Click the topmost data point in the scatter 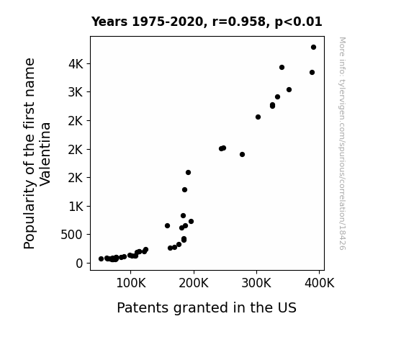313,48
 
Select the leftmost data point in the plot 101,259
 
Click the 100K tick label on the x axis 131,284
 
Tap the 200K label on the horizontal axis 194,284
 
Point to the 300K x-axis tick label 256,284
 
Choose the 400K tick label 319,284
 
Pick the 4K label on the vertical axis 76,64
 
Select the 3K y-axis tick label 76,92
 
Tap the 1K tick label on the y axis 76,207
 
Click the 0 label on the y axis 79,264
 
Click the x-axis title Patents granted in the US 207,307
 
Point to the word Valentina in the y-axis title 45,154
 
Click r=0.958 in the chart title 239,22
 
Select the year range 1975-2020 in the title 168,22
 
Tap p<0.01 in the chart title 298,22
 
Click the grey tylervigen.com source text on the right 342,143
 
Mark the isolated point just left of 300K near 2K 242,155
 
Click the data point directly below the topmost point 312,73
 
